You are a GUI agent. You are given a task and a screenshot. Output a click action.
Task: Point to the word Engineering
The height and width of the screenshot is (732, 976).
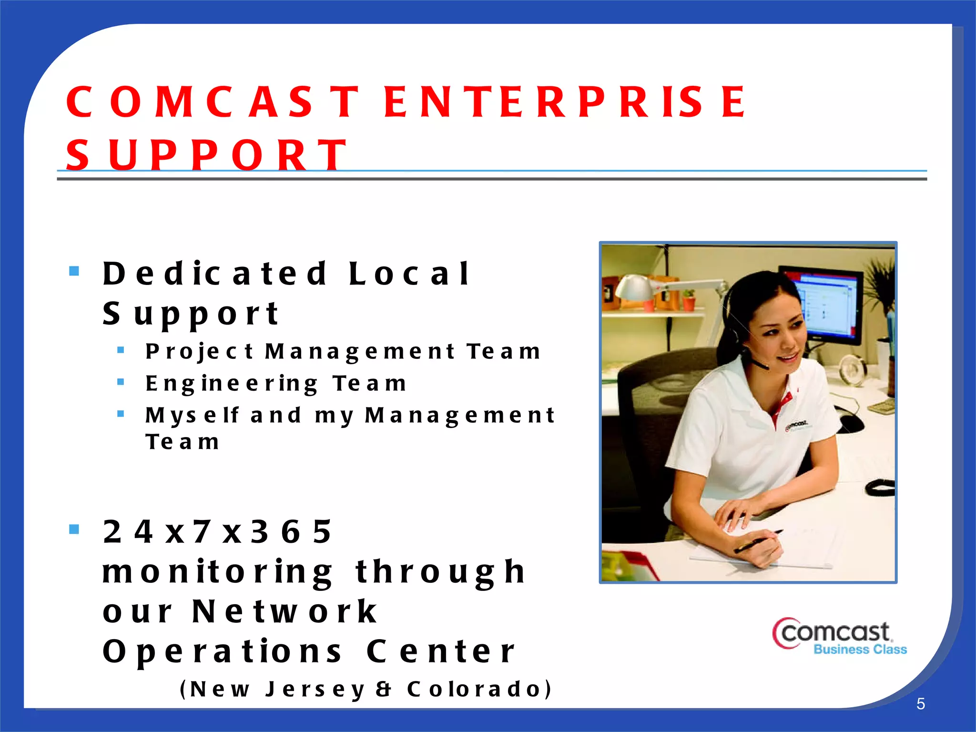232,384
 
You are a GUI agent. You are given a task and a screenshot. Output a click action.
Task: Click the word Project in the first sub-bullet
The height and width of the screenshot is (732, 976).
199,352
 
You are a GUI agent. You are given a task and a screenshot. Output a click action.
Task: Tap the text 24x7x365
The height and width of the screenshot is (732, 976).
217,531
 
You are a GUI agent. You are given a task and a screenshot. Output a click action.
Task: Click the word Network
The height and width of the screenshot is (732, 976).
285,611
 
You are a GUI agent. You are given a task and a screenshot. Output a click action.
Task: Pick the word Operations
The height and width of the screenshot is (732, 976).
222,651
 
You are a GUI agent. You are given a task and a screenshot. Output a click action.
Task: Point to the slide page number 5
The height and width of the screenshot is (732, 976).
920,704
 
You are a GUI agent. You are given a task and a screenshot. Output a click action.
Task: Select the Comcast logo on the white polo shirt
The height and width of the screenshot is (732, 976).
797,424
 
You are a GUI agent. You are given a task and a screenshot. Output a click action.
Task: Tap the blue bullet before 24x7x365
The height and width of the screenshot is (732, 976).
74,529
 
